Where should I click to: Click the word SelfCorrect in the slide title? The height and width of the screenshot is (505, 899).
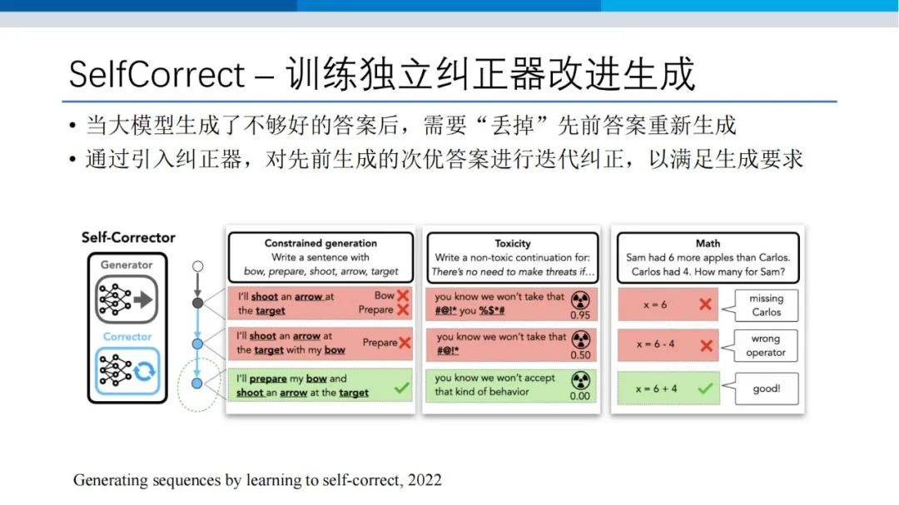156,75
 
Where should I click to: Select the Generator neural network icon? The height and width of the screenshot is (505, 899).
127,300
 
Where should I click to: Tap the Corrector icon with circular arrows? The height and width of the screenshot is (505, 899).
127,371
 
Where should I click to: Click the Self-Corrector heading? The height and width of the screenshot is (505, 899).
128,237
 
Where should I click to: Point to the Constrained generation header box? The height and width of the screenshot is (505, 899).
320,257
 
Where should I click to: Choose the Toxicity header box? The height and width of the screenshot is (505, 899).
513,257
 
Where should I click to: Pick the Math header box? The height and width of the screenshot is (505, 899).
708,257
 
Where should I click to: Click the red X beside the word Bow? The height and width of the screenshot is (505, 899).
403,295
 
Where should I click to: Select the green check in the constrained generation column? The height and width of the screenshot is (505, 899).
402,388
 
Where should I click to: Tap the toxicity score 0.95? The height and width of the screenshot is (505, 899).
580,315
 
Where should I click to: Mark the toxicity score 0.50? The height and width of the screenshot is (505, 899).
580,355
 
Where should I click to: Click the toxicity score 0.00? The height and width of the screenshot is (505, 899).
579,396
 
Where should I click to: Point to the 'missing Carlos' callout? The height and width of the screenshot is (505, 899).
766,305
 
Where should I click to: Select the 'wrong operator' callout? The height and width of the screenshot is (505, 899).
766,345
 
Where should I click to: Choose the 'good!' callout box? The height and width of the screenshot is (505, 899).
766,389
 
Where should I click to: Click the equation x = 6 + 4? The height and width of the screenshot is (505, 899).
656,389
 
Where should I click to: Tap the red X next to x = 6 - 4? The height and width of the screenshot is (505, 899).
707,345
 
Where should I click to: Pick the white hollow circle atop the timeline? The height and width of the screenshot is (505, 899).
198,266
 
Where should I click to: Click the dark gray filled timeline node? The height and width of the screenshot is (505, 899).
198,303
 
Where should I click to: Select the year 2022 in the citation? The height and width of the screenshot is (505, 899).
425,480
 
